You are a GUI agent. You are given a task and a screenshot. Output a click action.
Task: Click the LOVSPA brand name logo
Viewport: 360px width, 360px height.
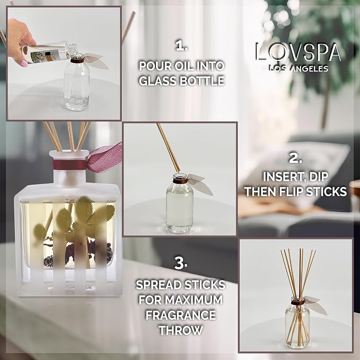(x=298, y=52)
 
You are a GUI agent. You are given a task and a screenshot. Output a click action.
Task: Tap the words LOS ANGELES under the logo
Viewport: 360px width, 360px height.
(x=298, y=68)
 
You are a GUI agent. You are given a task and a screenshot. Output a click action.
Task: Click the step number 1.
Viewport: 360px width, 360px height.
(x=182, y=46)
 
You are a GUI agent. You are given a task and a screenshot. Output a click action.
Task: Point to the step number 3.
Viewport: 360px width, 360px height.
(x=181, y=264)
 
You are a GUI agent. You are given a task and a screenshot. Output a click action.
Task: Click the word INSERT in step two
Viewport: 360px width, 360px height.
(x=285, y=177)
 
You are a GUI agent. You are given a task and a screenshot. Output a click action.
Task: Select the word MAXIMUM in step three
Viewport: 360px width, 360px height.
(x=194, y=300)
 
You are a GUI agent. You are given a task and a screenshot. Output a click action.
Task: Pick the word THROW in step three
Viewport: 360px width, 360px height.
(x=181, y=330)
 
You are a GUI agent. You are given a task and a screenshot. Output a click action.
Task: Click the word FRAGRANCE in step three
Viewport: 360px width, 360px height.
(x=181, y=315)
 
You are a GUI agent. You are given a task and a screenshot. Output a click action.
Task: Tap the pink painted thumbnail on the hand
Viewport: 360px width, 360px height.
(x=24, y=63)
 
